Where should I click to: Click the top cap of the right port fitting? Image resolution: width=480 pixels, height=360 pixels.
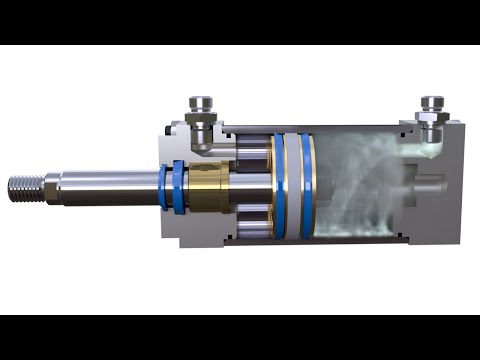[433, 102]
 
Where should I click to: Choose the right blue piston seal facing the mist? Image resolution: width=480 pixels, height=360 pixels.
[308, 187]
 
